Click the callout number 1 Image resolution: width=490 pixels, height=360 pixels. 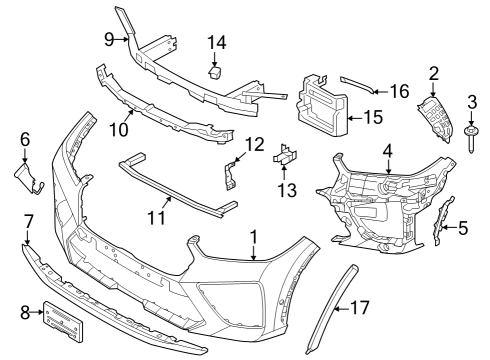click(x=254, y=238)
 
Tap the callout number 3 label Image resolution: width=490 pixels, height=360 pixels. click(x=471, y=103)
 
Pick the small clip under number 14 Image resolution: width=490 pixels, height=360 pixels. click(x=215, y=71)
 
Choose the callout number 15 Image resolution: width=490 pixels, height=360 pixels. click(x=372, y=117)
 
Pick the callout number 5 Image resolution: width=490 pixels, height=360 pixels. click(x=463, y=228)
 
